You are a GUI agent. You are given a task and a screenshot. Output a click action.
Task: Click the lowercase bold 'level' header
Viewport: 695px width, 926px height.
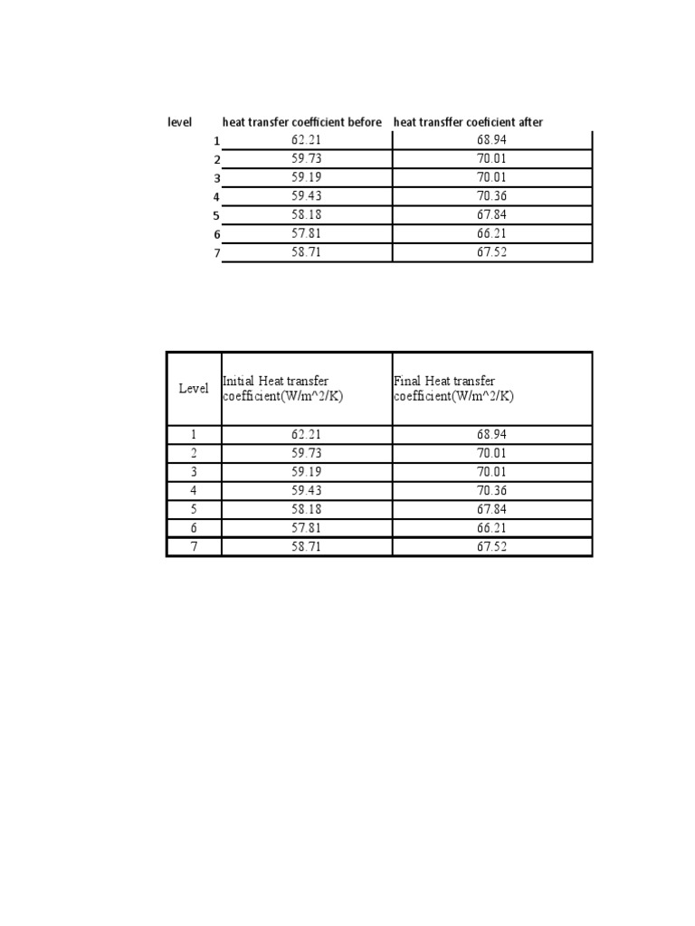click(x=179, y=122)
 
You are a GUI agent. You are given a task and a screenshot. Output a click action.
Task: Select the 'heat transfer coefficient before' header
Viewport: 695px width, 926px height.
click(x=302, y=122)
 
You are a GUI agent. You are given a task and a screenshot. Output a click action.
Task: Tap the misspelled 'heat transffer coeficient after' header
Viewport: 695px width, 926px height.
click(x=468, y=122)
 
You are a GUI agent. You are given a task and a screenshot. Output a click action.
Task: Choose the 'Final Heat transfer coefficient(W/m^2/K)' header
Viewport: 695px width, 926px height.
click(x=444, y=389)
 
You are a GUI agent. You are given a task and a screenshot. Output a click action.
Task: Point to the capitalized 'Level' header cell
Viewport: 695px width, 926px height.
click(x=194, y=389)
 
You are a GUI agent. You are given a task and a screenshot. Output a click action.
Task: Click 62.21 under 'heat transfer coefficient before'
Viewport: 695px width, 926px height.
click(x=307, y=140)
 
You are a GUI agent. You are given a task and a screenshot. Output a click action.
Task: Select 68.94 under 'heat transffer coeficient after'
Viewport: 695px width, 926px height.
click(x=492, y=140)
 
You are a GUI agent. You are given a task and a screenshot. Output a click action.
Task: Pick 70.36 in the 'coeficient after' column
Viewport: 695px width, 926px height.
click(x=492, y=196)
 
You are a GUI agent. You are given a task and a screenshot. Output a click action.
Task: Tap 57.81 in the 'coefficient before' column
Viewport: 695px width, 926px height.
click(x=307, y=234)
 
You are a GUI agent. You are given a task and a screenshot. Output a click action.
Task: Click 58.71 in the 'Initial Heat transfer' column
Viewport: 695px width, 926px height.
click(x=307, y=547)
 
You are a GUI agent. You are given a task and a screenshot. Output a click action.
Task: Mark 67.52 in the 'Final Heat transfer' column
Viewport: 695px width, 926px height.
click(x=492, y=547)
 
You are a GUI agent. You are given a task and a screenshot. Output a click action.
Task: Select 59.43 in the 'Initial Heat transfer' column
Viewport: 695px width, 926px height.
click(x=307, y=490)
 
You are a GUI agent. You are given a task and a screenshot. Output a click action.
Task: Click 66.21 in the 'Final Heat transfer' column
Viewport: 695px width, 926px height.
click(x=492, y=528)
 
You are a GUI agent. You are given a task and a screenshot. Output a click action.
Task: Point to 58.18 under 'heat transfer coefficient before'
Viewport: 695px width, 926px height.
click(x=307, y=215)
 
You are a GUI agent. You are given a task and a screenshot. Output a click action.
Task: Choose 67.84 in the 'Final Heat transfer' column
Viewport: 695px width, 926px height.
click(x=492, y=509)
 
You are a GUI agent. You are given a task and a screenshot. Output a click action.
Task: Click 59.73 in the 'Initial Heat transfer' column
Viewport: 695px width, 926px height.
click(x=307, y=453)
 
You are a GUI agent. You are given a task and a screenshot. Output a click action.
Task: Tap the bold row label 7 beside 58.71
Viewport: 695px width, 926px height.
click(x=217, y=253)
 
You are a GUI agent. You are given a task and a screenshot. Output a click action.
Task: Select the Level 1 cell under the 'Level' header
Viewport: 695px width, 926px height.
click(x=194, y=434)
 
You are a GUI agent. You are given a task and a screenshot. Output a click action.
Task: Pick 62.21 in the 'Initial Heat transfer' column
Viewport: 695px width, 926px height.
click(x=307, y=434)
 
